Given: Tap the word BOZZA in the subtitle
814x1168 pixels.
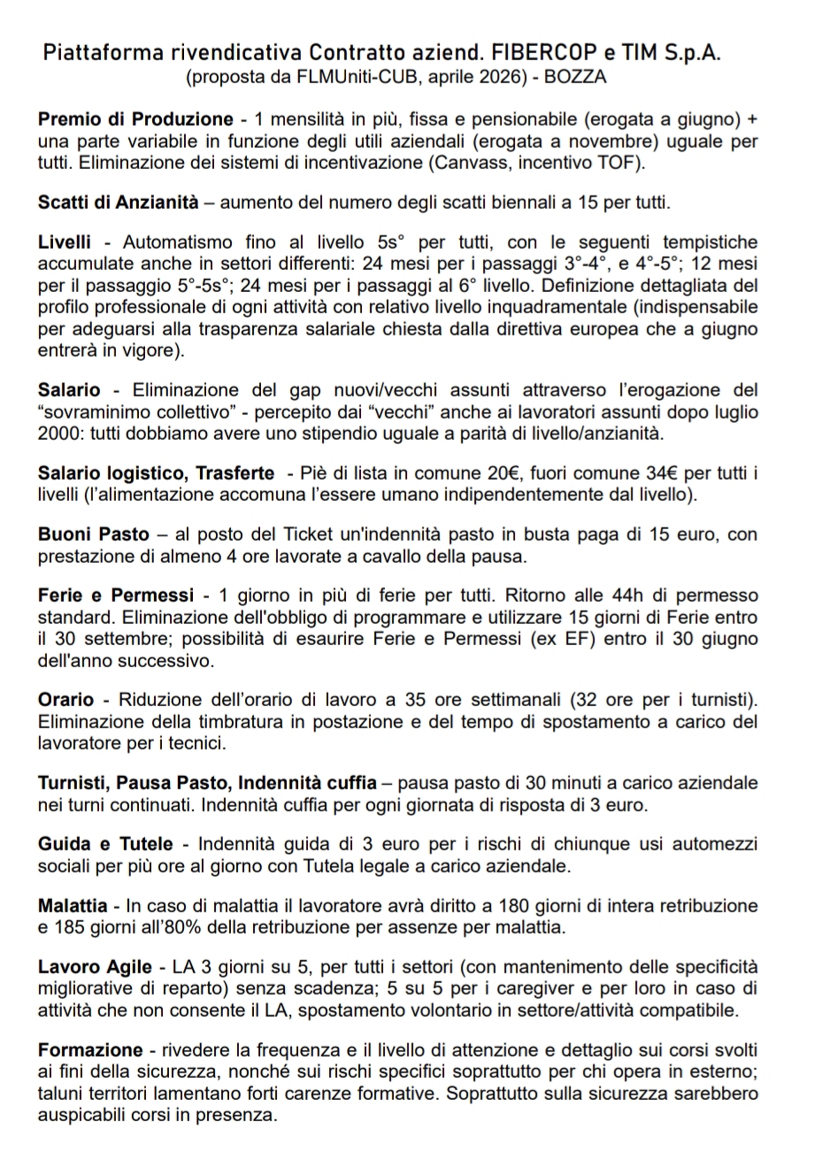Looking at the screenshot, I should pyautogui.click(x=575, y=77).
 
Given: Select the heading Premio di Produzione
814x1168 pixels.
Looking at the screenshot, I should pyautogui.click(x=135, y=119).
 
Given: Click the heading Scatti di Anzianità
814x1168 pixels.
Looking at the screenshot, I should pyautogui.click(x=119, y=202).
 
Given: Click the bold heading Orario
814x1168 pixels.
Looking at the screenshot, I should pyautogui.click(x=66, y=700).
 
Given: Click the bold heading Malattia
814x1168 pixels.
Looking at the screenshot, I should pyautogui.click(x=73, y=906).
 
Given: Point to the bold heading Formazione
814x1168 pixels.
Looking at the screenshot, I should pyautogui.click(x=90, y=1050).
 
